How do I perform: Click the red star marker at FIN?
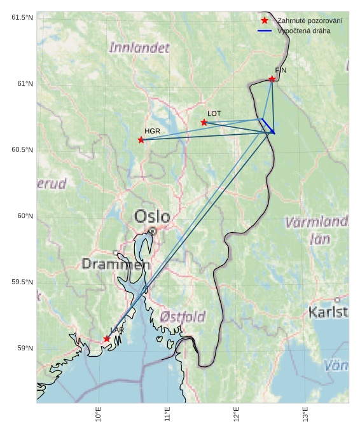[272, 79]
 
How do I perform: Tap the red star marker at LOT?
[204, 122]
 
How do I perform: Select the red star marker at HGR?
[141, 140]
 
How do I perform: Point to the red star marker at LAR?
[107, 339]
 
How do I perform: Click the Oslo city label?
[152, 216]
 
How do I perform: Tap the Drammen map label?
[116, 264]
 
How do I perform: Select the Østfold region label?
[183, 316]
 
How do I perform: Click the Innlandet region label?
[139, 47]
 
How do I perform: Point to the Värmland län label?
[316, 230]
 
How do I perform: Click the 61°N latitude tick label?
[22, 84]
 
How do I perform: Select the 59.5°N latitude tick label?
[22, 282]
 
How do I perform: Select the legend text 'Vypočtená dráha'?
[303, 31]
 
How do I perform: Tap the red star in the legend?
[265, 21]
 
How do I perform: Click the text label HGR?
[152, 131]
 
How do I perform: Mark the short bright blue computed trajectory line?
[268, 126]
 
